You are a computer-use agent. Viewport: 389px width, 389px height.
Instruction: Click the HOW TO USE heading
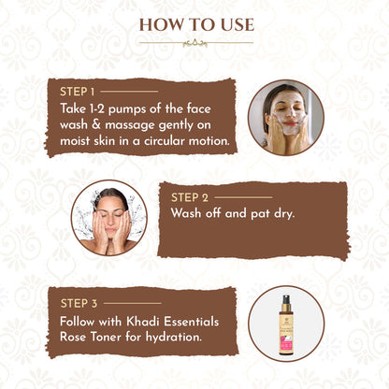click(194, 24)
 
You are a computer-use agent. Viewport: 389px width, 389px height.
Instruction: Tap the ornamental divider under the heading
click(194, 42)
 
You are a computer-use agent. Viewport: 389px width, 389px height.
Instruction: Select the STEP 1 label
click(77, 92)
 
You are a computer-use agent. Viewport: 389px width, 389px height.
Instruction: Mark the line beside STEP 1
click(129, 92)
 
